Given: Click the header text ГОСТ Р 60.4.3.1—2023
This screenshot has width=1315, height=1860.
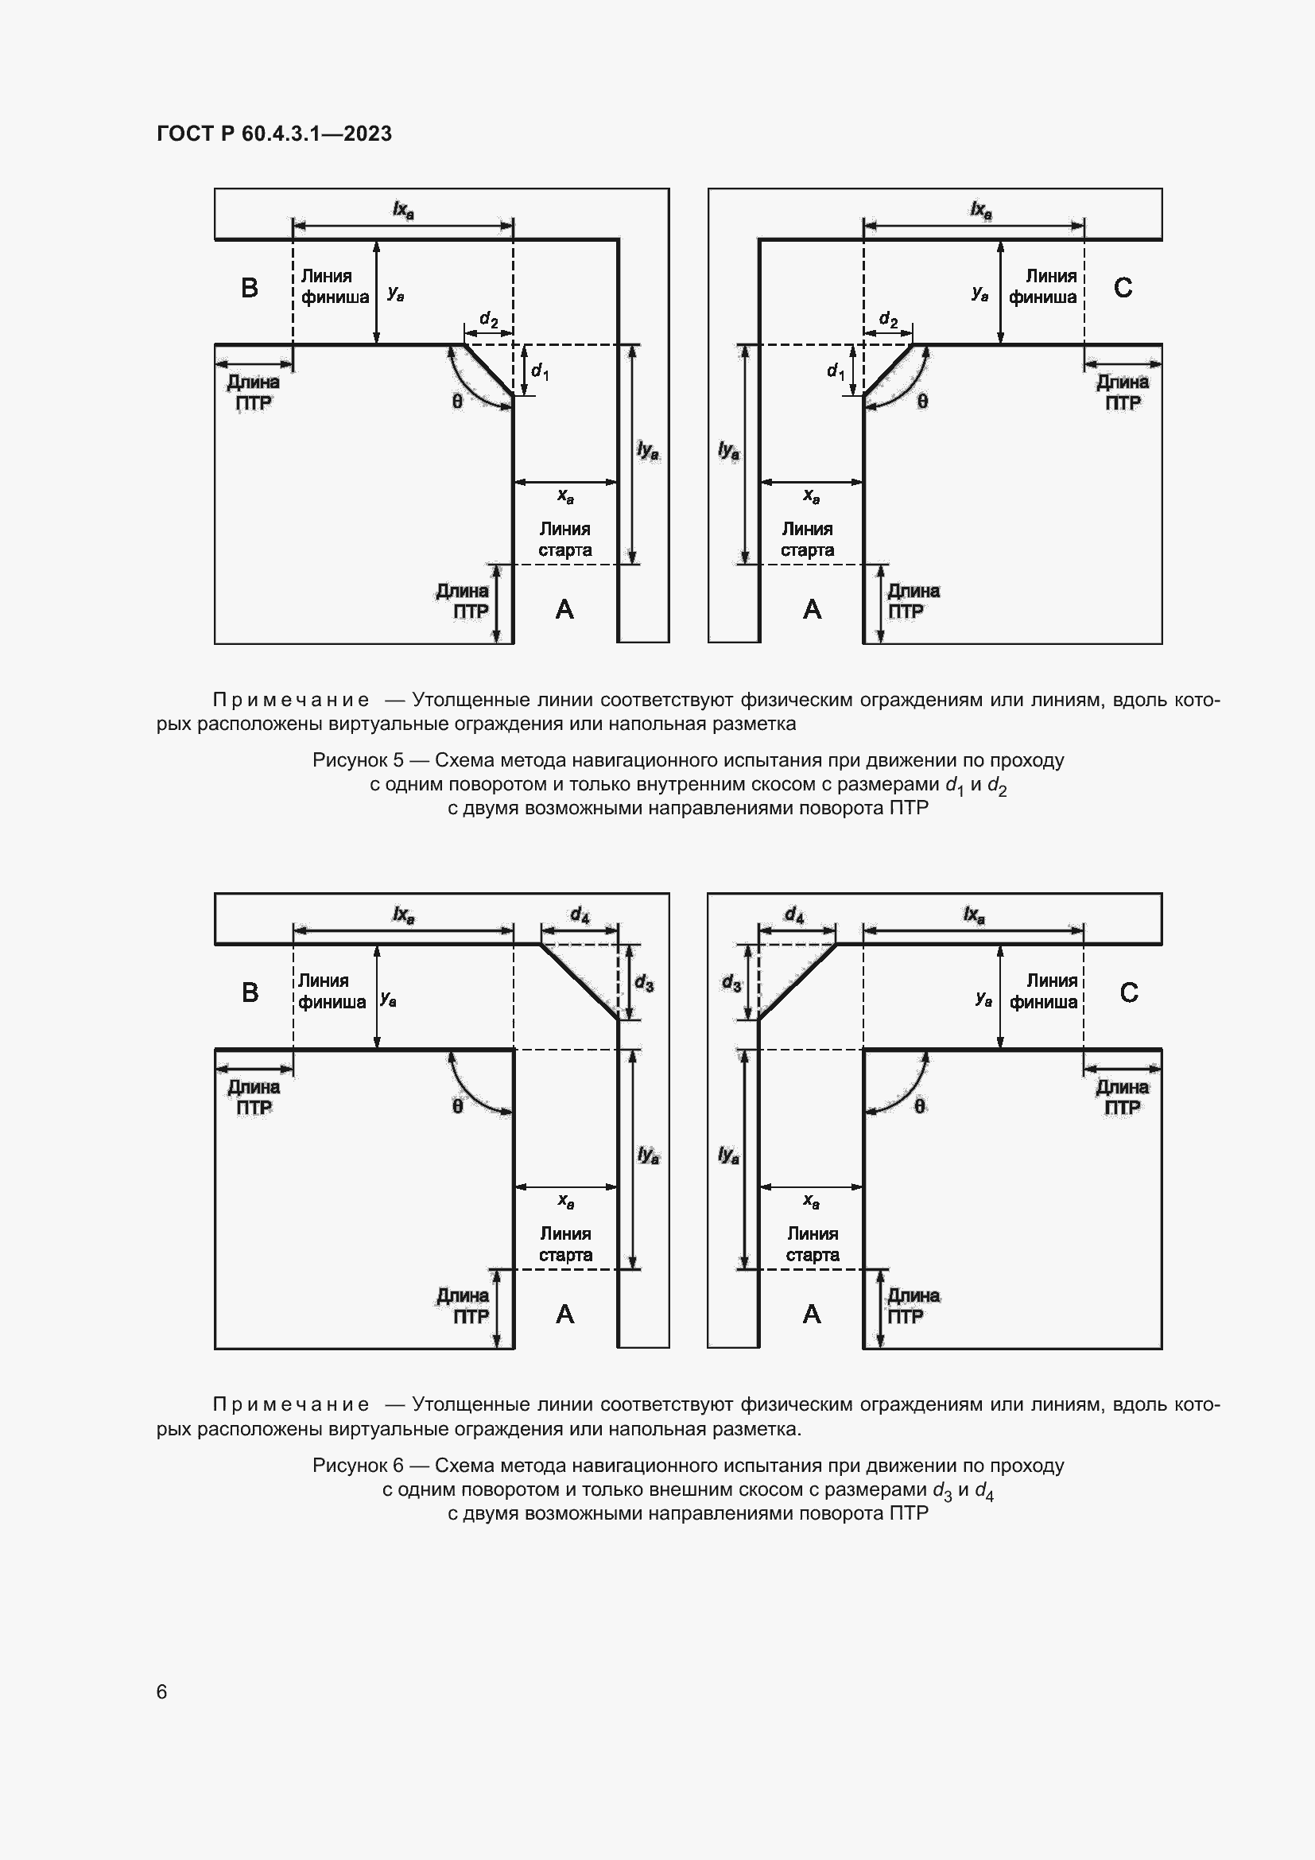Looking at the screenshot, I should [x=274, y=134].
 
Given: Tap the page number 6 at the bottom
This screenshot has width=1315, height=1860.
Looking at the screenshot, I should [x=162, y=1691].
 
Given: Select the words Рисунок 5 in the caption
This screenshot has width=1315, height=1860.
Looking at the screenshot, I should [x=357, y=760].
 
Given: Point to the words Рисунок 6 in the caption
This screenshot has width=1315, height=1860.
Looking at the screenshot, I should [x=357, y=1465].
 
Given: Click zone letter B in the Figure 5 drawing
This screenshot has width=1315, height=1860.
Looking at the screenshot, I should [x=250, y=288].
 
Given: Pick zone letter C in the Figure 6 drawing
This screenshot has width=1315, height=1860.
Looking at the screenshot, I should [x=1128, y=992].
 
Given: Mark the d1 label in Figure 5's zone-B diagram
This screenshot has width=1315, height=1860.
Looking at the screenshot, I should [x=539, y=372].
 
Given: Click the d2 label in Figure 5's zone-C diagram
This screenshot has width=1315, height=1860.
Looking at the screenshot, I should [x=888, y=319].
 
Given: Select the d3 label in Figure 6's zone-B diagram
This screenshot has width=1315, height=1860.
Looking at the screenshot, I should [x=644, y=983].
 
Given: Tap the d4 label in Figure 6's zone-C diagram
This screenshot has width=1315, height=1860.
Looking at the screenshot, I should [x=793, y=915].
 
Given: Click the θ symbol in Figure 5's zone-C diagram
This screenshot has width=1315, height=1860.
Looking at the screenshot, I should [x=922, y=401].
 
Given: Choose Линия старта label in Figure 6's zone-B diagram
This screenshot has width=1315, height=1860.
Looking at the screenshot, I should [x=565, y=1244].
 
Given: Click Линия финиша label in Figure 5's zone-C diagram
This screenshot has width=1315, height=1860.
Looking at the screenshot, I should [x=1042, y=287].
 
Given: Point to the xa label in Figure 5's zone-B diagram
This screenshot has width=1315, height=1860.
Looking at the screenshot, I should [x=565, y=495].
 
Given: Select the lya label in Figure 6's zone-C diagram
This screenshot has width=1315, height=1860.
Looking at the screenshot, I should [x=729, y=1155].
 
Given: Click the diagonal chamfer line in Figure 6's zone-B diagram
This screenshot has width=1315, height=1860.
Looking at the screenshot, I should [x=579, y=982].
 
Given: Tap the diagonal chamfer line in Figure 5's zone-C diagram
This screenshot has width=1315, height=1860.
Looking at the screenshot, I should [x=887, y=371].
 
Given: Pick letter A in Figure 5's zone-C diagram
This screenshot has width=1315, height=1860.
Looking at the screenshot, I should [x=812, y=609].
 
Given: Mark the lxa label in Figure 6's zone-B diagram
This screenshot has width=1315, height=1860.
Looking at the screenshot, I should [x=403, y=915].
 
